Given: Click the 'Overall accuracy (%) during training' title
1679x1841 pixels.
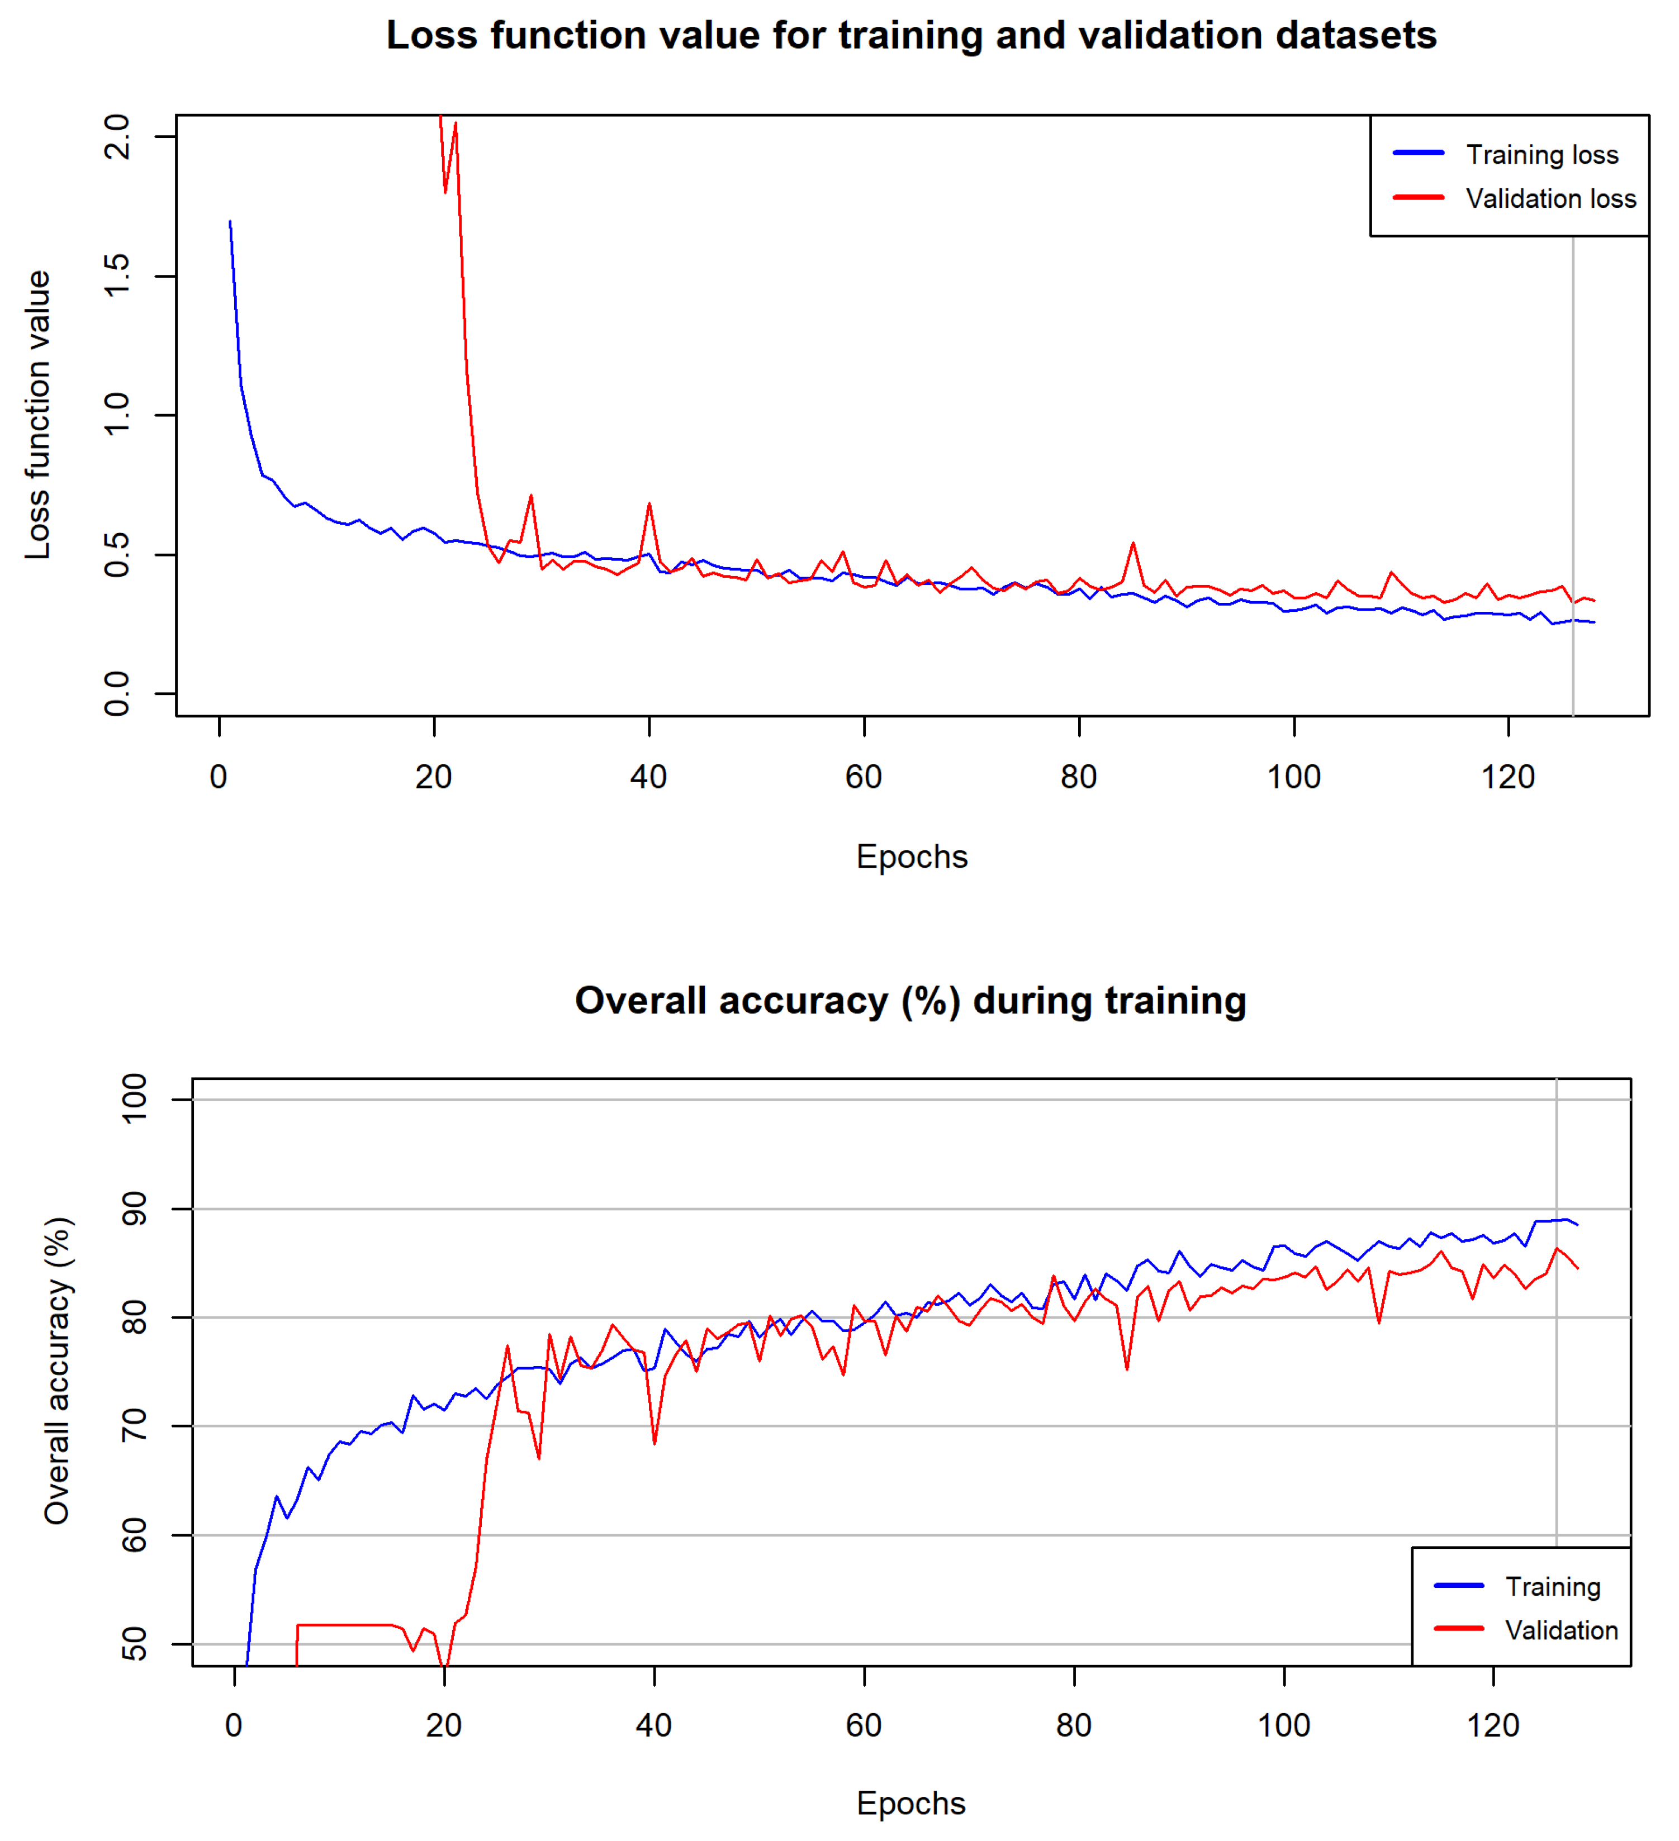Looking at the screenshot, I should (x=910, y=1000).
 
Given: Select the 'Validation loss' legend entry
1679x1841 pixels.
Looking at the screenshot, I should (x=1550, y=198).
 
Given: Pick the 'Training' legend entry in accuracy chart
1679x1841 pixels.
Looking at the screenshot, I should (x=1552, y=1586).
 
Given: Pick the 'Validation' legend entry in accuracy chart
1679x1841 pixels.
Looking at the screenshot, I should (x=1561, y=1630).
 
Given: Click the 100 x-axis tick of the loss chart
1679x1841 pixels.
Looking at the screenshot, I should (x=1293, y=777).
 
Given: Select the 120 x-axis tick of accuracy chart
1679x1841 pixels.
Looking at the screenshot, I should (x=1493, y=1725).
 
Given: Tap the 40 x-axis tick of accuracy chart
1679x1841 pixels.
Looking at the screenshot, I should (x=654, y=1725).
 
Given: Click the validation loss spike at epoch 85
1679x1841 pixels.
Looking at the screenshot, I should (x=1133, y=544).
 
